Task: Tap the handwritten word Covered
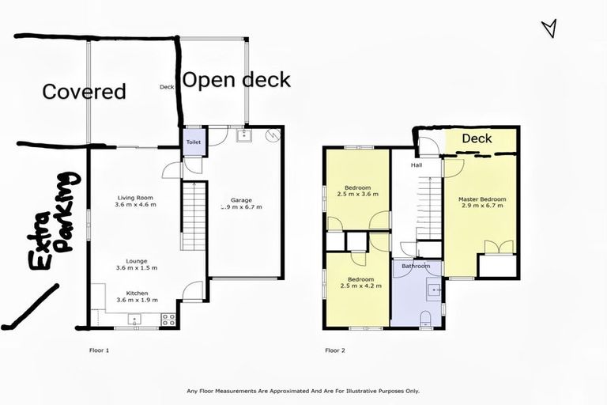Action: pos(84,92)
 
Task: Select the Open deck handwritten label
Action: pos(236,80)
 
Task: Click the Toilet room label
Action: pos(194,143)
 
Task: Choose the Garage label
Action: pos(242,200)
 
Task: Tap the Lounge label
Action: pos(137,261)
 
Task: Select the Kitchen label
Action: pos(137,293)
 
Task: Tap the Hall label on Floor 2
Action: pos(416,166)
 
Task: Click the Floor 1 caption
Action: pos(99,350)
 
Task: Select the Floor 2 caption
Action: pos(334,350)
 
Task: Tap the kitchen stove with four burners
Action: pos(168,320)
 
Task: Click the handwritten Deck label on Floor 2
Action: pos(477,139)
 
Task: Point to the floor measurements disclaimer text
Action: pos(303,391)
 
